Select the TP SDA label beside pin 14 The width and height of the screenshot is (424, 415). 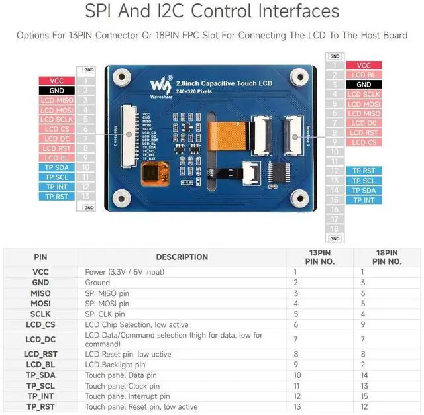click(364, 190)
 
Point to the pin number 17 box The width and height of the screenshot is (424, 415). click(335, 218)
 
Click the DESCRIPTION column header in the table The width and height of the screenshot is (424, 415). click(182, 257)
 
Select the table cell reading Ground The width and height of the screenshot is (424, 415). click(98, 283)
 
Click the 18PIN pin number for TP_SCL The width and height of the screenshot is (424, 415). click(363, 386)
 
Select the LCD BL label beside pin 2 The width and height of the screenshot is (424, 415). click(364, 75)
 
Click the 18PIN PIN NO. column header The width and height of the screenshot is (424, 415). click(386, 257)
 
